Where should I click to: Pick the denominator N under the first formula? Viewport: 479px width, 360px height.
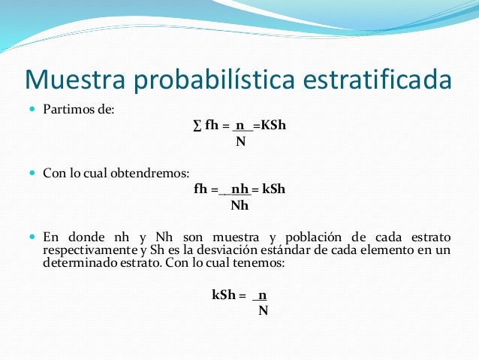pyautogui.click(x=240, y=141)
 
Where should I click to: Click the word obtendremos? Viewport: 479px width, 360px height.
pyautogui.click(x=145, y=174)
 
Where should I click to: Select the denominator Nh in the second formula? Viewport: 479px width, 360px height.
pyautogui.click(x=239, y=204)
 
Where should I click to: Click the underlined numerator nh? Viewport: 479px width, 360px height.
pyautogui.click(x=239, y=189)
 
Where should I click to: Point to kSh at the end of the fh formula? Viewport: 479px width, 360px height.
pyautogui.click(x=273, y=189)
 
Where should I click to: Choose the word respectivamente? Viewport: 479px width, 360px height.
pyautogui.click(x=88, y=250)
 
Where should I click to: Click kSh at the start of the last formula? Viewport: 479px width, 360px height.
pyautogui.click(x=224, y=295)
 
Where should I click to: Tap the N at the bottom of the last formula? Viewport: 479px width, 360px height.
pyautogui.click(x=263, y=310)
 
